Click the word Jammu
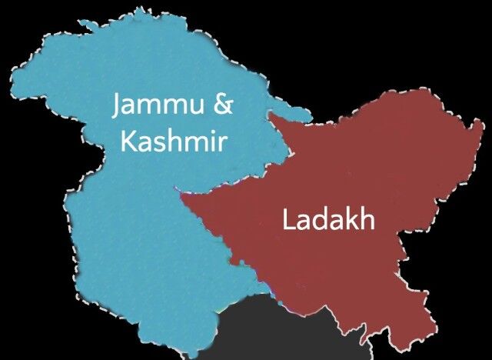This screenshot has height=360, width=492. click(x=158, y=106)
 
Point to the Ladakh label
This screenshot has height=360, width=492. click(x=328, y=221)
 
